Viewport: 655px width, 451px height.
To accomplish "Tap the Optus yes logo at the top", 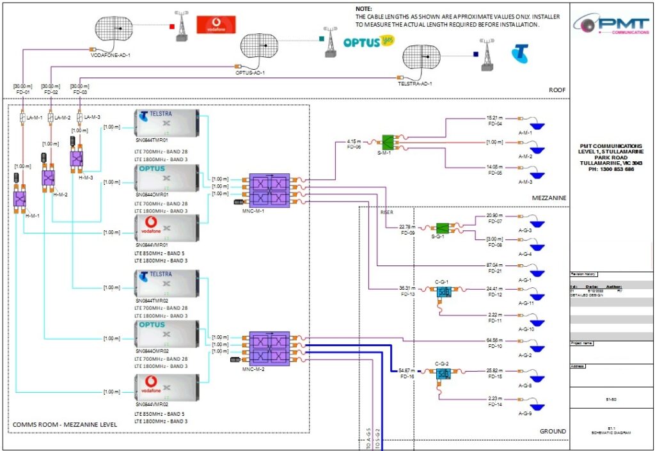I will point(368,42).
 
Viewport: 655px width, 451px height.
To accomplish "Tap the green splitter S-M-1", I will point(388,142).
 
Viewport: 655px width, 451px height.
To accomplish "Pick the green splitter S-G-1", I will point(441,228).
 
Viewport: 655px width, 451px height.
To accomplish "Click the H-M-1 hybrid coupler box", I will point(19,198).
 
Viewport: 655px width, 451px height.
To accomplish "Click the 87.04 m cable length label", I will point(495,265).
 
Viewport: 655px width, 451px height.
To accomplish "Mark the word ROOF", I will point(557,91).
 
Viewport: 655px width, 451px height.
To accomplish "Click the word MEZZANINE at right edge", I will point(549,198).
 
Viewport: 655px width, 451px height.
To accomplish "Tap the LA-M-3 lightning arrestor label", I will point(86,118).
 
